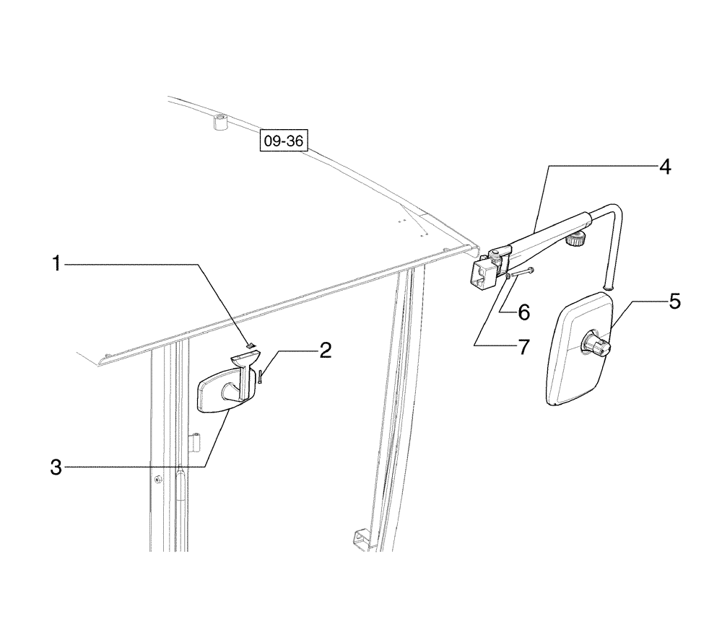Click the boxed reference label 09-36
pyautogui.click(x=284, y=141)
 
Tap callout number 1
pyautogui.click(x=55, y=265)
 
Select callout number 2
pyautogui.click(x=326, y=351)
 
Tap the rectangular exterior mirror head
pyautogui.click(x=578, y=353)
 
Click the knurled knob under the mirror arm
pyautogui.click(x=575, y=240)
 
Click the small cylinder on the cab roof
pyautogui.click(x=220, y=123)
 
